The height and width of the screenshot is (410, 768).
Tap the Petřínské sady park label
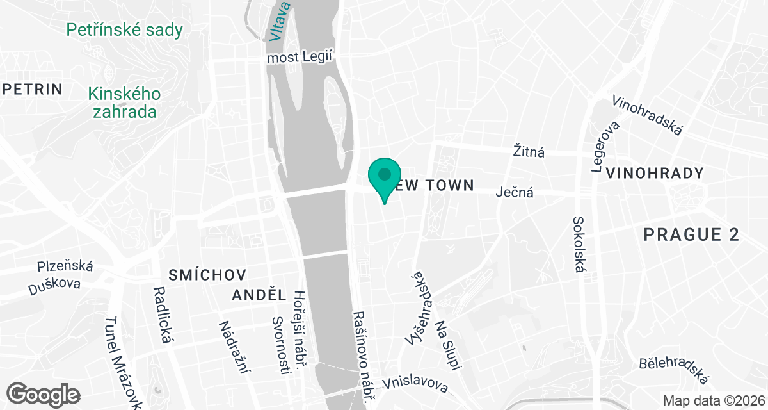click(x=124, y=29)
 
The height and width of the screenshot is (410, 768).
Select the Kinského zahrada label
click(x=125, y=102)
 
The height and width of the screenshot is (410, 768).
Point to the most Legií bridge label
click(x=301, y=58)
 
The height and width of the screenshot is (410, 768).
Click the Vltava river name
click(x=280, y=20)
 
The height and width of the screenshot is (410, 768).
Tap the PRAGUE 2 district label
click(x=691, y=234)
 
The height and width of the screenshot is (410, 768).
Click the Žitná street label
click(x=529, y=152)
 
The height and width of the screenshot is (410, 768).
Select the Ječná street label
click(x=515, y=192)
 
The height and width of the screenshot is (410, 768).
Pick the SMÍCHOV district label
click(x=207, y=275)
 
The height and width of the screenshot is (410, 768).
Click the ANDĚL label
click(x=259, y=295)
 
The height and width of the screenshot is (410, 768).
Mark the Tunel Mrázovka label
click(x=123, y=362)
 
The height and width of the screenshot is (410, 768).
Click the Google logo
click(x=43, y=393)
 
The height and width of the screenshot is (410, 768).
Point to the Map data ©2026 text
click(x=714, y=400)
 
